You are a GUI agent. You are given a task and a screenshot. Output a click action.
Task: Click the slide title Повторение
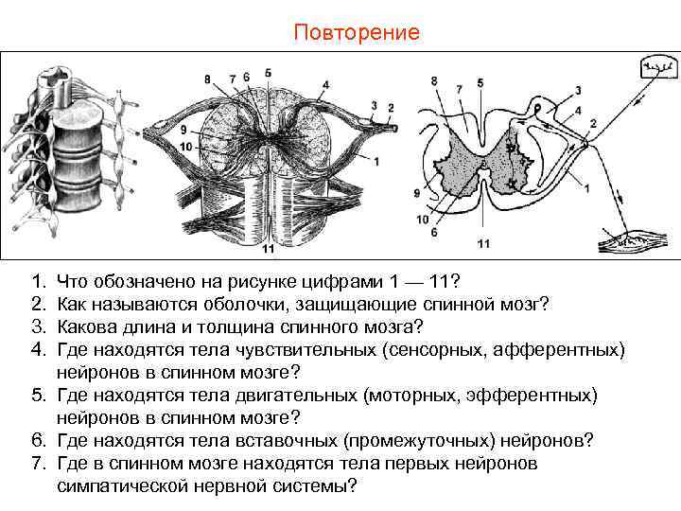(x=356, y=33)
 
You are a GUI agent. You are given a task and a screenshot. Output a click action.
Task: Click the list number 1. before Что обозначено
(x=38, y=282)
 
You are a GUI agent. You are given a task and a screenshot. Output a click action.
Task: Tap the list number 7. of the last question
(x=38, y=464)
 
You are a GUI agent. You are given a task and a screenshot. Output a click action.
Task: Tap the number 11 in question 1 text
(x=440, y=282)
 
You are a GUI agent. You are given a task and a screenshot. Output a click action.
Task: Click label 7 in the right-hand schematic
(x=459, y=89)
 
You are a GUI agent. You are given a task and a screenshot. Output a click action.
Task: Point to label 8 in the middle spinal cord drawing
(x=208, y=78)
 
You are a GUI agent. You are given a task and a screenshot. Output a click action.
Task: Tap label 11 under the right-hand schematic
(x=483, y=243)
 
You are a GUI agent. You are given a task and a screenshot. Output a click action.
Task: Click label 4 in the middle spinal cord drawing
(x=325, y=84)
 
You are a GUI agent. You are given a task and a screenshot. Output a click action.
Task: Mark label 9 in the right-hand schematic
(x=415, y=194)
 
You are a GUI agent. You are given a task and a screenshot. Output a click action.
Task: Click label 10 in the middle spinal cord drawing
(x=186, y=147)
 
